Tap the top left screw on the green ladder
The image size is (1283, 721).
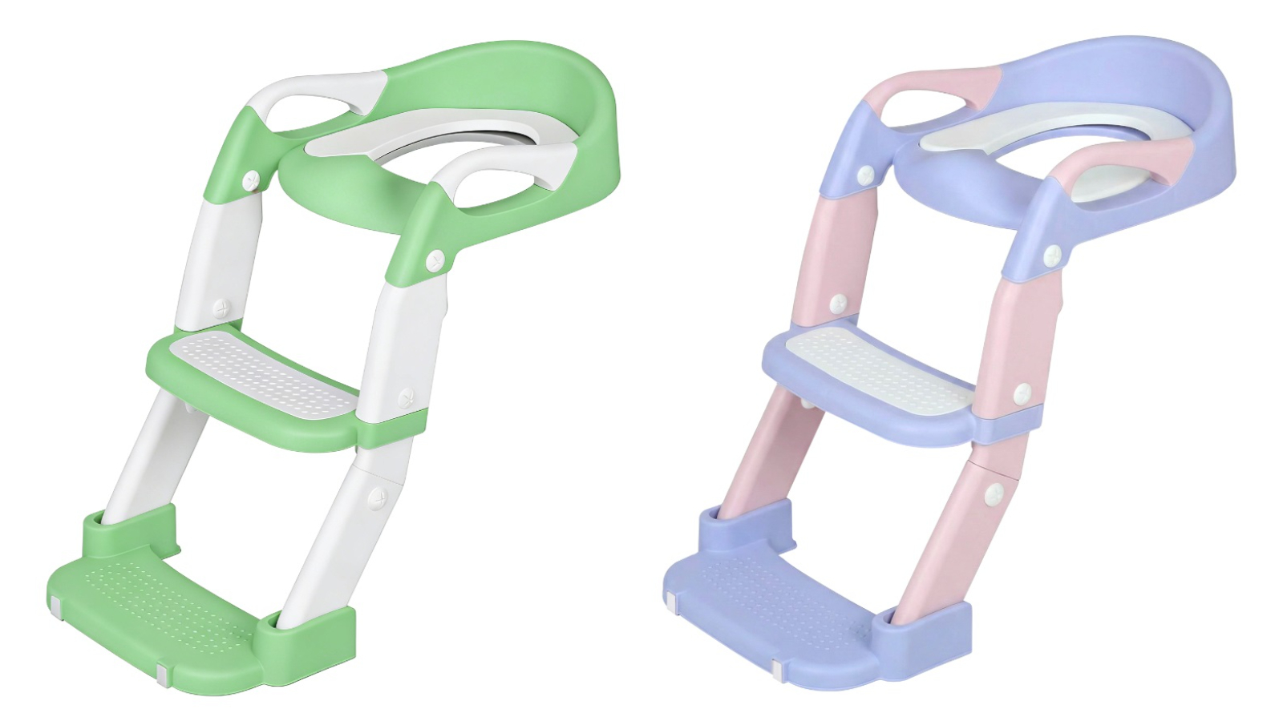pos(252,181)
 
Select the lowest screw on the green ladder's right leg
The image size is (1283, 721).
pos(377,499)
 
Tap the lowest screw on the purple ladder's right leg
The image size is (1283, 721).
pos(994,494)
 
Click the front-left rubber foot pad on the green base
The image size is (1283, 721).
pos(55,602)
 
